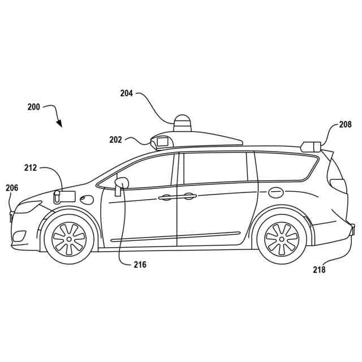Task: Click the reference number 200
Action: pyautogui.click(x=33, y=106)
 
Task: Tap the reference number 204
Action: pyautogui.click(x=126, y=94)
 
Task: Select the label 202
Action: pyautogui.click(x=115, y=139)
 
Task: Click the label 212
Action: pyautogui.click(x=31, y=167)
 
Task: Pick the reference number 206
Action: pyautogui.click(x=12, y=188)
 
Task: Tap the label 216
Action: pyautogui.click(x=140, y=264)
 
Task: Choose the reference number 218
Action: pyautogui.click(x=319, y=270)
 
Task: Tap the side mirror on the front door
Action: pyautogui.click(x=121, y=184)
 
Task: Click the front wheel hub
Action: pyautogui.click(x=69, y=238)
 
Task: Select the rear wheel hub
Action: pyautogui.click(x=281, y=238)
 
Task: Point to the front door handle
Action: pyautogui.click(x=166, y=197)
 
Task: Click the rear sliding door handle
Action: pyautogui.click(x=189, y=196)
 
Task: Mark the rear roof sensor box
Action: pyautogui.click(x=311, y=146)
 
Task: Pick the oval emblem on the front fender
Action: pyautogui.click(x=87, y=199)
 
